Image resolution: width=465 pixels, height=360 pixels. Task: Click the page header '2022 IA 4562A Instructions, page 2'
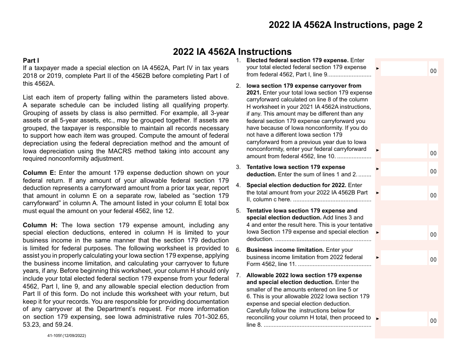point(345,25)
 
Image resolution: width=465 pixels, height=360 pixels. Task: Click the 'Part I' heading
point(31,60)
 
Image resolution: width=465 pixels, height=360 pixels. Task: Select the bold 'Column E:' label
point(40,172)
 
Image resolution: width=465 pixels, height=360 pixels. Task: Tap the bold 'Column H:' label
point(40,225)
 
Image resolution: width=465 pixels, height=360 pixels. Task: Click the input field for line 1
point(404,69)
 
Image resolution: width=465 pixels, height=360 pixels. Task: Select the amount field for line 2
point(404,151)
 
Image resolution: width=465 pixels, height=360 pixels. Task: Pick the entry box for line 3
point(404,169)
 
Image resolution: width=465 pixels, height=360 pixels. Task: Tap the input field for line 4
point(404,193)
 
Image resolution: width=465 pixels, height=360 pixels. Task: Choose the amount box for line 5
point(404,233)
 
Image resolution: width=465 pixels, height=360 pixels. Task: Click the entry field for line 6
point(404,258)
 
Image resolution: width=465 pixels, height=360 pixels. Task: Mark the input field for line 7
point(404,319)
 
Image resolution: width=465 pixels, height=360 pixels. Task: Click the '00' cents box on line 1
point(433,71)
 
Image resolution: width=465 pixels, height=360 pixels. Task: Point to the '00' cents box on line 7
point(433,321)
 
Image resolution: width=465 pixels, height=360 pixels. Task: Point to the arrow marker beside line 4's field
point(377,193)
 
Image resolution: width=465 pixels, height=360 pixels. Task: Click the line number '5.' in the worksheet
point(238,211)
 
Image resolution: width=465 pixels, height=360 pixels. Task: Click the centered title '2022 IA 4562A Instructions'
point(232,52)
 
